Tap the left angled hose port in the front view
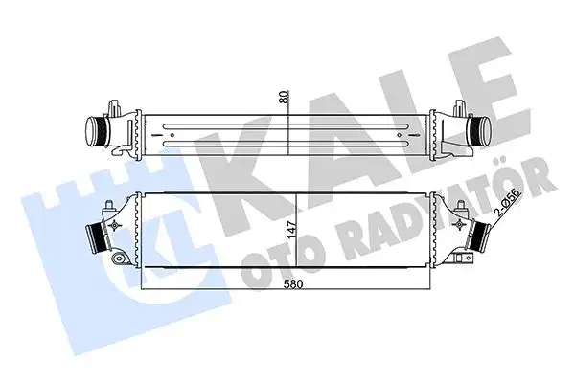96,232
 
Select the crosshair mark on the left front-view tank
116,226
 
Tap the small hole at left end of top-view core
171,136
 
